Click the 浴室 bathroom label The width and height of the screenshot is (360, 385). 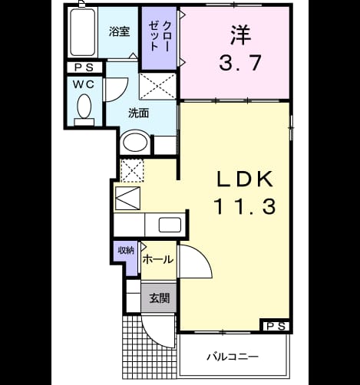point(119,31)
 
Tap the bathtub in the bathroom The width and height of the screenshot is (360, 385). point(82,32)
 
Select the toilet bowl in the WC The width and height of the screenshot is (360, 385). point(84,107)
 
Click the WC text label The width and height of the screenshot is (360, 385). point(84,84)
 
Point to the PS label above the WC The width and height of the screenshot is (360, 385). point(84,67)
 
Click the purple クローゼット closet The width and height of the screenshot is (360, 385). point(159,38)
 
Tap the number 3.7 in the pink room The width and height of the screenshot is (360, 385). point(240,63)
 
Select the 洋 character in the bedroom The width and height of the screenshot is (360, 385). point(240,35)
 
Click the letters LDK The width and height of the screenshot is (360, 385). point(245,179)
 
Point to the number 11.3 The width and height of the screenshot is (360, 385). point(245,206)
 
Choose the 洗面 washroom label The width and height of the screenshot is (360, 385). point(138,113)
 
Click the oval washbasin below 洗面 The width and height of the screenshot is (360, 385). point(135,142)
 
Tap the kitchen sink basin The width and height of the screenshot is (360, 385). point(170,225)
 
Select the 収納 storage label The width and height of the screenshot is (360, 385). point(126,250)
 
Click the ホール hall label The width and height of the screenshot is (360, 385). point(158,260)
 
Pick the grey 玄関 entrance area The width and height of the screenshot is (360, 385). point(159,298)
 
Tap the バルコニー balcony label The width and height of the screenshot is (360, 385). point(233,357)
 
